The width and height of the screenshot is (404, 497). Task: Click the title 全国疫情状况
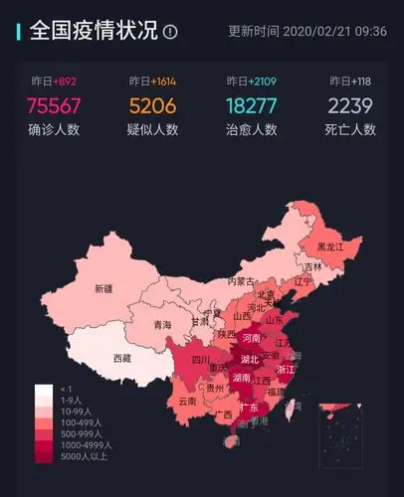click(x=94, y=30)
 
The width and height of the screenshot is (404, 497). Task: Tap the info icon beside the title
click(x=170, y=32)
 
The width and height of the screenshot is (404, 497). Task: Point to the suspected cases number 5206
click(x=153, y=105)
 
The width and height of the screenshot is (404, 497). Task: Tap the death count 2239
click(x=351, y=105)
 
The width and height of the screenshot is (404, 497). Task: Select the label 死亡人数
click(x=351, y=129)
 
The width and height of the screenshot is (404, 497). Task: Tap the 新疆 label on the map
click(x=103, y=289)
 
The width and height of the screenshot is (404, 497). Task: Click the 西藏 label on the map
click(x=122, y=358)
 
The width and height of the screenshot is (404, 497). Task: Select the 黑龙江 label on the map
click(x=330, y=246)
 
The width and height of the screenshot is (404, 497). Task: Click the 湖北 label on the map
click(x=251, y=359)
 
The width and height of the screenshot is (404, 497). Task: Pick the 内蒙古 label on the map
click(x=242, y=281)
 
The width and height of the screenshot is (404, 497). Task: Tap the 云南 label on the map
click(x=188, y=402)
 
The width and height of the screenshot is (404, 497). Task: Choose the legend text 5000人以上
click(x=81, y=456)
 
